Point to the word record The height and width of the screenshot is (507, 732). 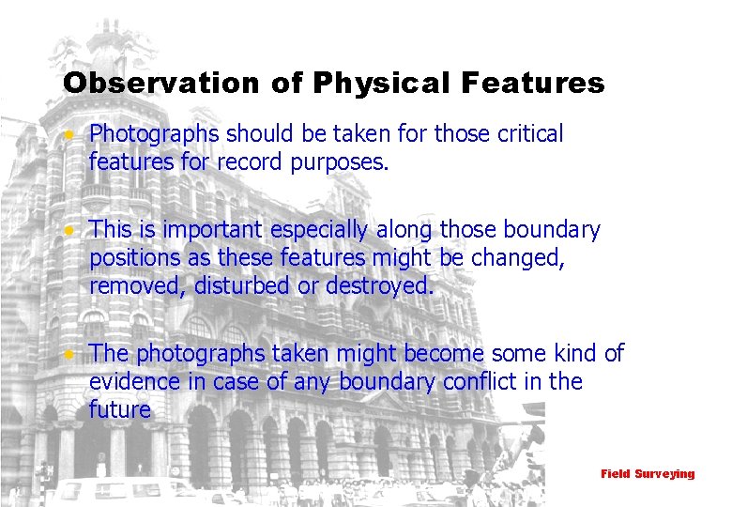pos(250,162)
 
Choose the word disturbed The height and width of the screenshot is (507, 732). pos(242,286)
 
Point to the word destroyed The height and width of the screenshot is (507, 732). pos(379,286)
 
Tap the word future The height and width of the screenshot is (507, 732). pos(120,409)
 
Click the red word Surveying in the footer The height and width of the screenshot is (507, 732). pos(664,474)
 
